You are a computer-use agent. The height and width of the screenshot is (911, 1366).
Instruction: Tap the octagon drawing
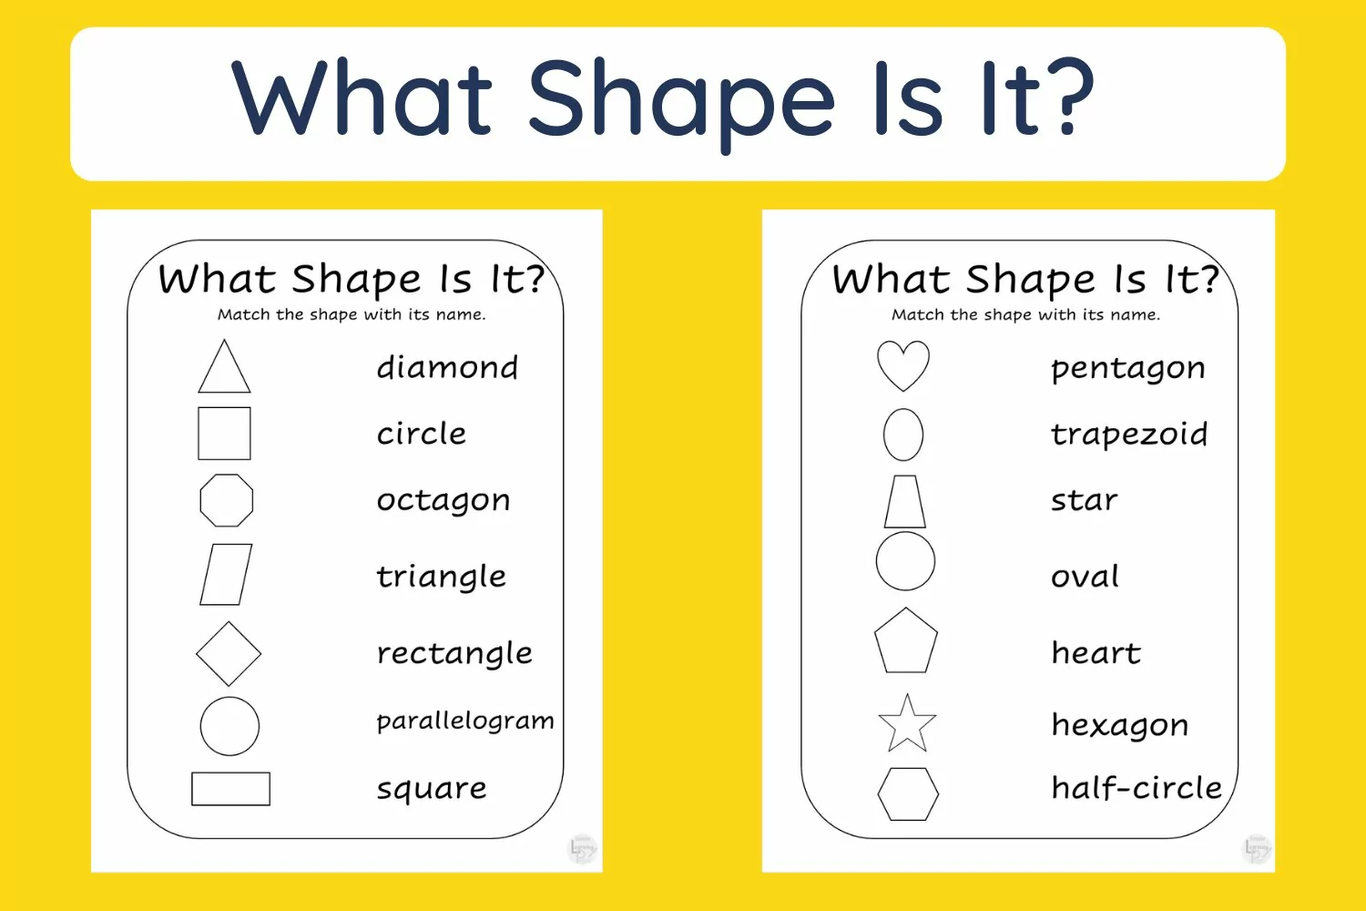[x=200, y=500]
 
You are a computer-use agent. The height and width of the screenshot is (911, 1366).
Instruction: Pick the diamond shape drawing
[x=212, y=638]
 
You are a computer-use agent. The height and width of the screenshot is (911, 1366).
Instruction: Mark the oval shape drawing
[x=884, y=435]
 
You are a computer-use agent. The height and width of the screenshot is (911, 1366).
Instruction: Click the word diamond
[x=447, y=367]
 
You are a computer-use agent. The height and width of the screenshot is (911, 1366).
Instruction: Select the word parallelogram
[x=465, y=722]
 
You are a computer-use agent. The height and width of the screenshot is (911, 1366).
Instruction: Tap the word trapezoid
[x=1129, y=435]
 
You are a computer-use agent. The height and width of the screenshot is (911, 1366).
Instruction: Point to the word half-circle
[x=1137, y=787]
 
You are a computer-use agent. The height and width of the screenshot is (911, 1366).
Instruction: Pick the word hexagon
[x=1120, y=726]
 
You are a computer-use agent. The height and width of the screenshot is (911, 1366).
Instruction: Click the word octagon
[x=443, y=501]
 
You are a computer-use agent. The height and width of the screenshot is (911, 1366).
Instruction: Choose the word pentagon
[x=1128, y=369]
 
